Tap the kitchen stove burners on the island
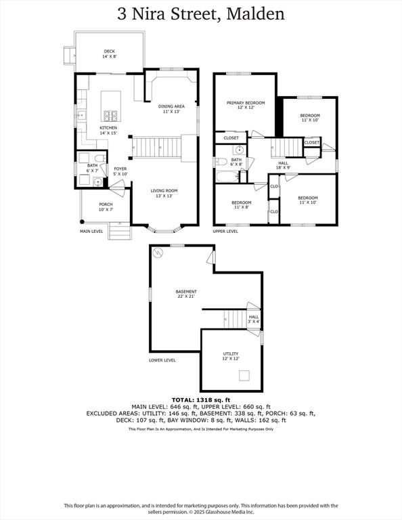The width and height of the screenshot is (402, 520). pos(111,116)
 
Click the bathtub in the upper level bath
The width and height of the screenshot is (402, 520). pos(227,177)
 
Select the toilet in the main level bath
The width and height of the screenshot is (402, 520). pos(100,158)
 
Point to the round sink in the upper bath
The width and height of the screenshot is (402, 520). pos(239,150)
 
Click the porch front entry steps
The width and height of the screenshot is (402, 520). pos(120,231)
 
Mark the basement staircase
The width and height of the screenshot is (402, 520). pos(235,319)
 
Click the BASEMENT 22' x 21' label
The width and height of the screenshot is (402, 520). pos(186,294)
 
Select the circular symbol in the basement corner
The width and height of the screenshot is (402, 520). pos(158,253)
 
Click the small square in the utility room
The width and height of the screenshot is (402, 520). pos(244,376)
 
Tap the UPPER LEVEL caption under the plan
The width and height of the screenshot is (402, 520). pos(225,231)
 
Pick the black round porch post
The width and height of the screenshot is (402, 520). pos(82,221)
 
